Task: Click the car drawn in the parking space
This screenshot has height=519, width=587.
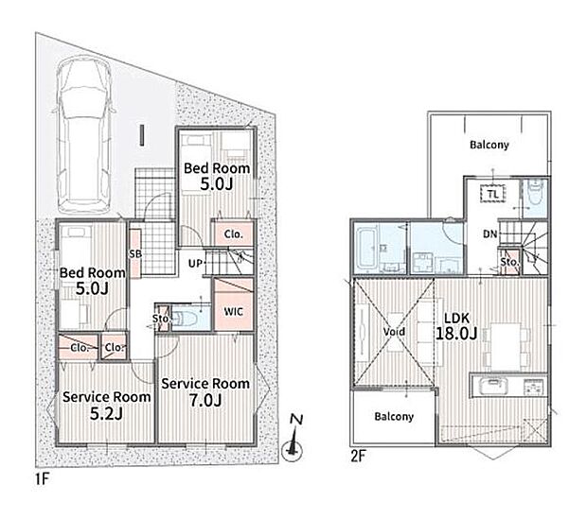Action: (x=84, y=134)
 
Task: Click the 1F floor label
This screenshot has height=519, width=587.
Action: (x=43, y=479)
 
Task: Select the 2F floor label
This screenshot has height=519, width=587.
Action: (x=358, y=457)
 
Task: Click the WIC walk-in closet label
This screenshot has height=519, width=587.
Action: (x=233, y=312)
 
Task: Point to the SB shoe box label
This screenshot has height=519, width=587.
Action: (x=135, y=254)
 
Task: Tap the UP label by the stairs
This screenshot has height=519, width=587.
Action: (x=195, y=264)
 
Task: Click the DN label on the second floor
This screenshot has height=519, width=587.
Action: (x=490, y=234)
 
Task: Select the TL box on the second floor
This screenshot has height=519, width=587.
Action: (x=493, y=194)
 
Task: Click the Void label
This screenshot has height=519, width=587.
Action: (x=394, y=332)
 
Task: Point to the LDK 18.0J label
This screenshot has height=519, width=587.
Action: (x=456, y=326)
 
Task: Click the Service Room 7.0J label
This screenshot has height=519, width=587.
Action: (x=205, y=392)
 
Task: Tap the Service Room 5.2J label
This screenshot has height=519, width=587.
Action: (x=107, y=406)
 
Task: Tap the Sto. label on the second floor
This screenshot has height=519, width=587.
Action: (x=509, y=262)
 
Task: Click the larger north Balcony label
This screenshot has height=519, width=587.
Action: (x=489, y=145)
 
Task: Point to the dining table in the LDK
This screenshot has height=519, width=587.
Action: (x=506, y=344)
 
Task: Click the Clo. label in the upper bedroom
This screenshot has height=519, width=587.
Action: (x=234, y=234)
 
